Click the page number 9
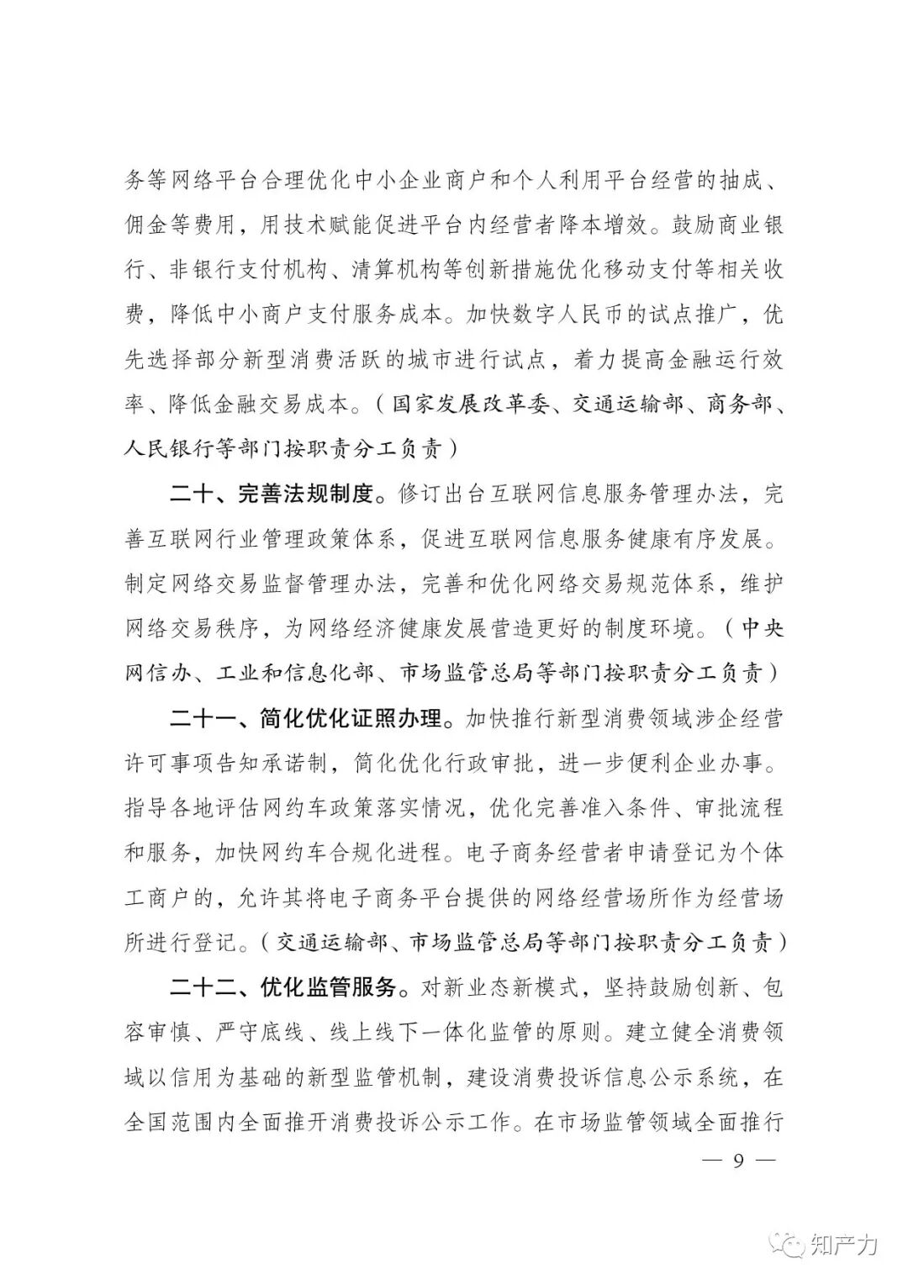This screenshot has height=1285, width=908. (x=739, y=1161)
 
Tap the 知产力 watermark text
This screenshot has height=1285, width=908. (x=844, y=1244)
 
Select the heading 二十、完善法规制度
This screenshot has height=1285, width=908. (x=271, y=494)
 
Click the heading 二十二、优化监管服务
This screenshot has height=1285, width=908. (x=282, y=986)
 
